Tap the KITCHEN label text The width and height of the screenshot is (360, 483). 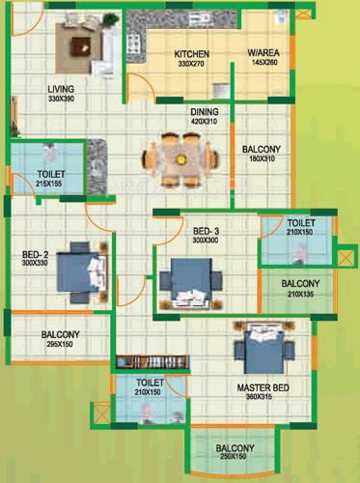[192, 54]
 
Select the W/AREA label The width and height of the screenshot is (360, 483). [263, 54]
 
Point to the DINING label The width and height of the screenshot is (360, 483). [205, 111]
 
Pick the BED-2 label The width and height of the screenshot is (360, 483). [35, 255]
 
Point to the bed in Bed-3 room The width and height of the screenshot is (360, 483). [193, 280]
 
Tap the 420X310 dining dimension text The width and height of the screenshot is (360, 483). [205, 122]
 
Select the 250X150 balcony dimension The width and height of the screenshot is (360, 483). [235, 458]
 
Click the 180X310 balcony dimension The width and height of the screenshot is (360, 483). [262, 159]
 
